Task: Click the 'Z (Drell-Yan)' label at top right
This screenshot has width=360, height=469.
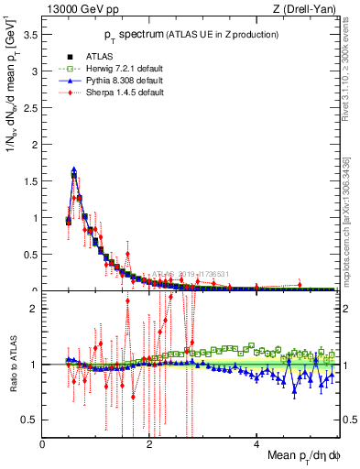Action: pyautogui.click(x=307, y=9)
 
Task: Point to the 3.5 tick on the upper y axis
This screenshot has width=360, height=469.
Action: pyautogui.click(x=31, y=35)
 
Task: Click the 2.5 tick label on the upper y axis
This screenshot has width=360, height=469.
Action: pyautogui.click(x=31, y=108)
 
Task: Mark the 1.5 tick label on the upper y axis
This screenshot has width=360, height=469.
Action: pyautogui.click(x=31, y=181)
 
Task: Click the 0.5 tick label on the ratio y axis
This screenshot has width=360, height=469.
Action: pyautogui.click(x=31, y=420)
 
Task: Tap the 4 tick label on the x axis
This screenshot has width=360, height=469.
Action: pyautogui.click(x=256, y=444)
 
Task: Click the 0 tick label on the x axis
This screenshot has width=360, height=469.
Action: pyautogui.click(x=43, y=444)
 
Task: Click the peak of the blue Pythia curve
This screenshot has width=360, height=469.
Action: pyautogui.click(x=73, y=169)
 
